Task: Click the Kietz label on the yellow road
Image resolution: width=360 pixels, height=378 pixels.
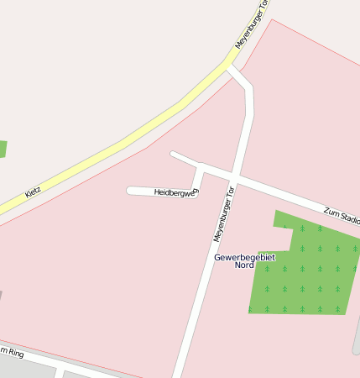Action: coord(33,192)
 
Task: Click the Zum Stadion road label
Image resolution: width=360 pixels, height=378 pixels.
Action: coord(342,214)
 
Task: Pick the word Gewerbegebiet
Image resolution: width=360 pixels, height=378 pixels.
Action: coord(244,257)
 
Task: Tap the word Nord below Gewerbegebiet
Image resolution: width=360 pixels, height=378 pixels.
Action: coord(244,265)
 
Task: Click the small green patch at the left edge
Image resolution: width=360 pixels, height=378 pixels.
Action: coord(3,149)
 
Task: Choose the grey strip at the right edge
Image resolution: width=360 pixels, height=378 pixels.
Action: coord(357,336)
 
